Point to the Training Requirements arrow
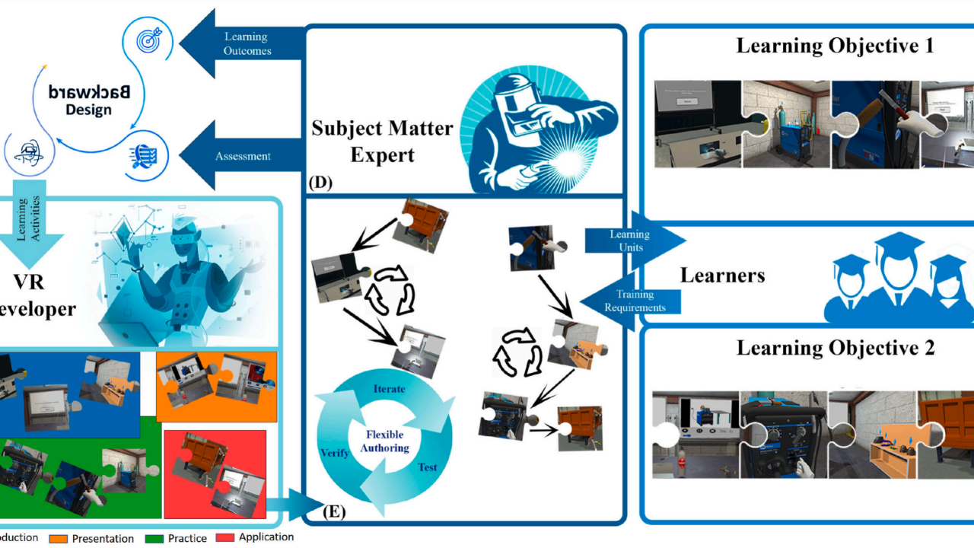(x=639, y=301)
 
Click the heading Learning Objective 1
(x=835, y=46)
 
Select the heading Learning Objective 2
(x=835, y=349)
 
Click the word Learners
(x=722, y=274)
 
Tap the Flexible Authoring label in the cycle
(x=384, y=441)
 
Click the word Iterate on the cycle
(x=389, y=389)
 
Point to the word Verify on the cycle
(x=335, y=453)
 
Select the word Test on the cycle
(x=428, y=467)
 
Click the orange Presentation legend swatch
(x=58, y=539)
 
